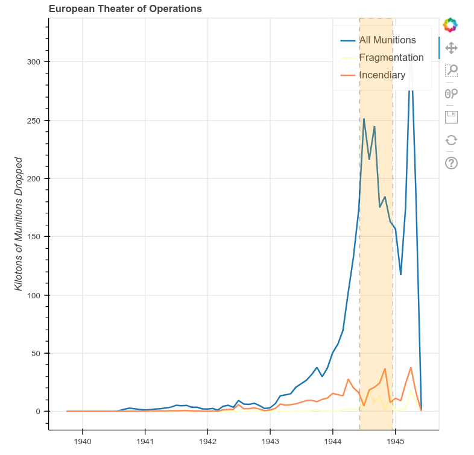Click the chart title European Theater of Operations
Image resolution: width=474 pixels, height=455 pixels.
[125, 8]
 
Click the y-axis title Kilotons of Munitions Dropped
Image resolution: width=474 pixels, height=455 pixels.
[19, 224]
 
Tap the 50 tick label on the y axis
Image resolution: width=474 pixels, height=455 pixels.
[37, 353]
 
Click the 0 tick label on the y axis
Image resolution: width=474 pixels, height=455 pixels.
[39, 412]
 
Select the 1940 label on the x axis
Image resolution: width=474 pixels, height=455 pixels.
[83, 442]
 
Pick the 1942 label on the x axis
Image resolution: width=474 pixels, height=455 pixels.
[207, 442]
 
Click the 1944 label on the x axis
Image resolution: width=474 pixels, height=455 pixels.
[332, 442]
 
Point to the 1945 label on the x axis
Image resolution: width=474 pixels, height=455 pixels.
[394, 442]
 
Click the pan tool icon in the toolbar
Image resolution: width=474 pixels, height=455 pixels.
[451, 48]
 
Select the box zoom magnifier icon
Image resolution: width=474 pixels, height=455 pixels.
[451, 71]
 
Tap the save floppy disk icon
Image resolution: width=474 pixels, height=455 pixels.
[451, 116]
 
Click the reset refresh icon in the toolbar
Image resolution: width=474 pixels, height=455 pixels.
[451, 140]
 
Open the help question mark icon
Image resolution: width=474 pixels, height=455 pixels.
[451, 163]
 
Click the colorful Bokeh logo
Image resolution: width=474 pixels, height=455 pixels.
[450, 25]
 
